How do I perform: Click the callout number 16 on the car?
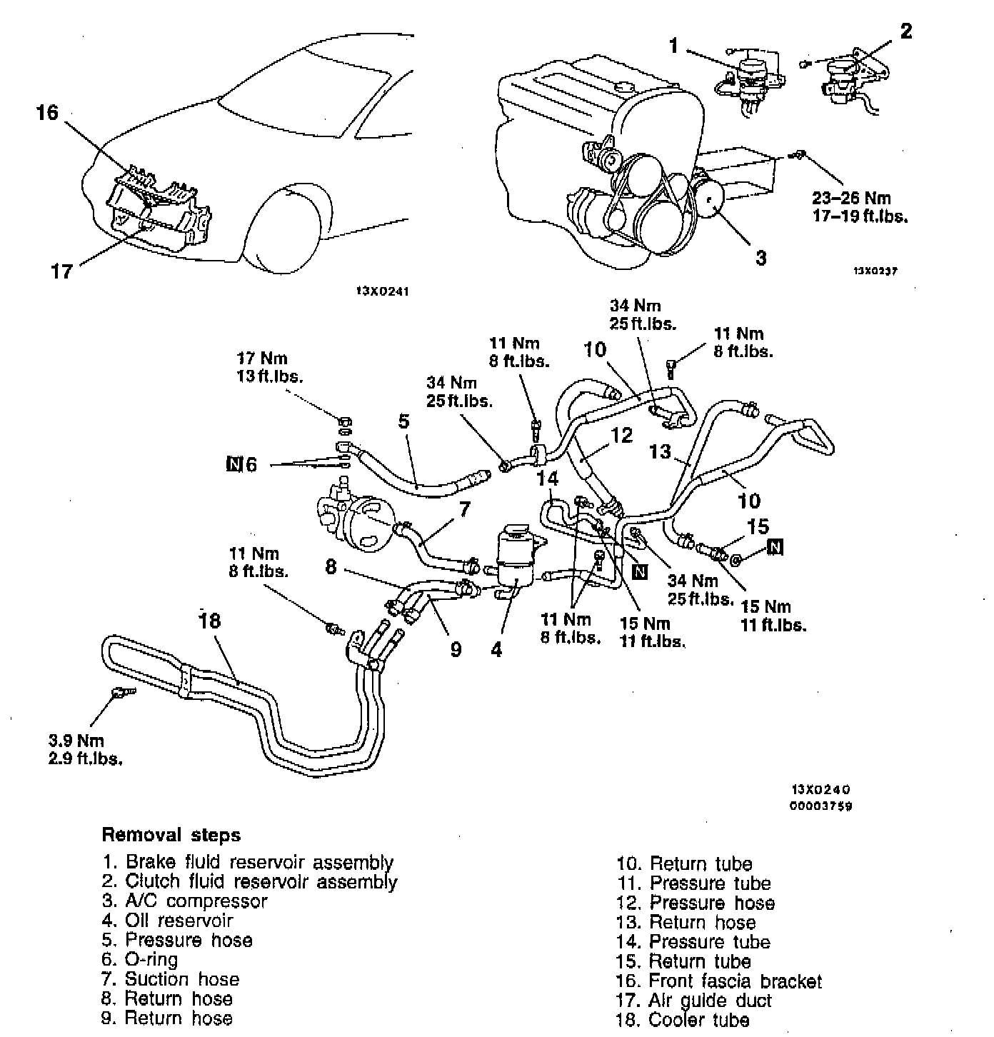click(x=48, y=113)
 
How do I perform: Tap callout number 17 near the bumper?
click(x=62, y=271)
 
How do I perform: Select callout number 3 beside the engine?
click(x=761, y=258)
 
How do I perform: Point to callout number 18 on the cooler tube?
click(x=210, y=621)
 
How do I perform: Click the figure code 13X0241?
click(x=382, y=291)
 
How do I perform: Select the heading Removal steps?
click(x=171, y=835)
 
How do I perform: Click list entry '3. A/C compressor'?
click(x=185, y=901)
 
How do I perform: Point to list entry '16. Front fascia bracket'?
click(x=719, y=981)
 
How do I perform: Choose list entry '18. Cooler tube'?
click(x=683, y=1020)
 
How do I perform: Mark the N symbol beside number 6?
click(x=234, y=465)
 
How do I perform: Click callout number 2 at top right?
click(x=905, y=31)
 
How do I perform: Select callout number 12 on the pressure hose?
click(x=622, y=436)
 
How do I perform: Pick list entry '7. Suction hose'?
click(x=171, y=979)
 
